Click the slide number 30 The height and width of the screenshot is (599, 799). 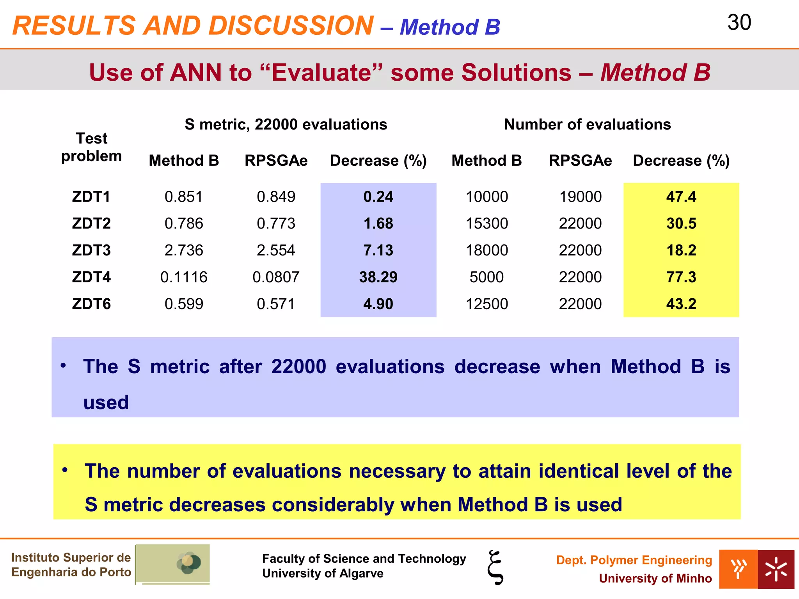(739, 23)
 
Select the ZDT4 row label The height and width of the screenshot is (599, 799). (91, 277)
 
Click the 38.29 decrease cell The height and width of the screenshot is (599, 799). (378, 277)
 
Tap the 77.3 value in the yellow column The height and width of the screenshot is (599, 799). (681, 277)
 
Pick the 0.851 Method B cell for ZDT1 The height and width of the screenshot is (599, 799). (184, 197)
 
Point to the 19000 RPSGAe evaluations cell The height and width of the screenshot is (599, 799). (580, 197)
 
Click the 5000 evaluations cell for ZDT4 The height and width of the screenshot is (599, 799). (487, 277)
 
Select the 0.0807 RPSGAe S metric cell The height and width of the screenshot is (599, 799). (276, 277)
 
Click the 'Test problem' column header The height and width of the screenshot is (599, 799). (91, 147)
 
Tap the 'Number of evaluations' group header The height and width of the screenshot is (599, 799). (587, 124)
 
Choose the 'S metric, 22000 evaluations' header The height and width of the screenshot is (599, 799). (286, 124)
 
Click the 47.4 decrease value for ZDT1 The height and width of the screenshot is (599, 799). (681, 197)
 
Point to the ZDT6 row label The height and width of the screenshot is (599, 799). (91, 304)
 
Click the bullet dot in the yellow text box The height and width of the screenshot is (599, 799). (65, 470)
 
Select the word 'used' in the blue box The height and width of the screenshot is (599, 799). (106, 402)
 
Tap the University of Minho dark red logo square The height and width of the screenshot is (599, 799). (776, 569)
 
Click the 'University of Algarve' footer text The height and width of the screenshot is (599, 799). (323, 573)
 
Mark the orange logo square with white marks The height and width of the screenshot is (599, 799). (738, 569)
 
